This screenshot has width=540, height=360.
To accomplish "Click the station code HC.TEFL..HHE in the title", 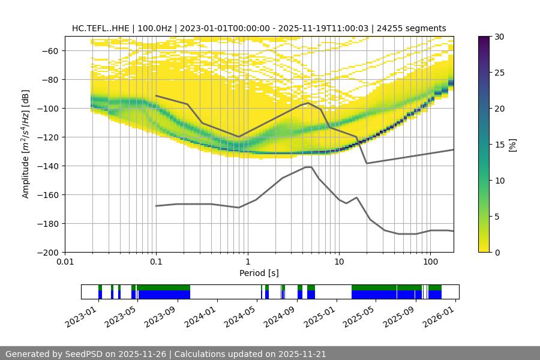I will click(101, 28).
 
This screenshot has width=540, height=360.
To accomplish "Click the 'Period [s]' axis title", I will click(259, 273).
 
